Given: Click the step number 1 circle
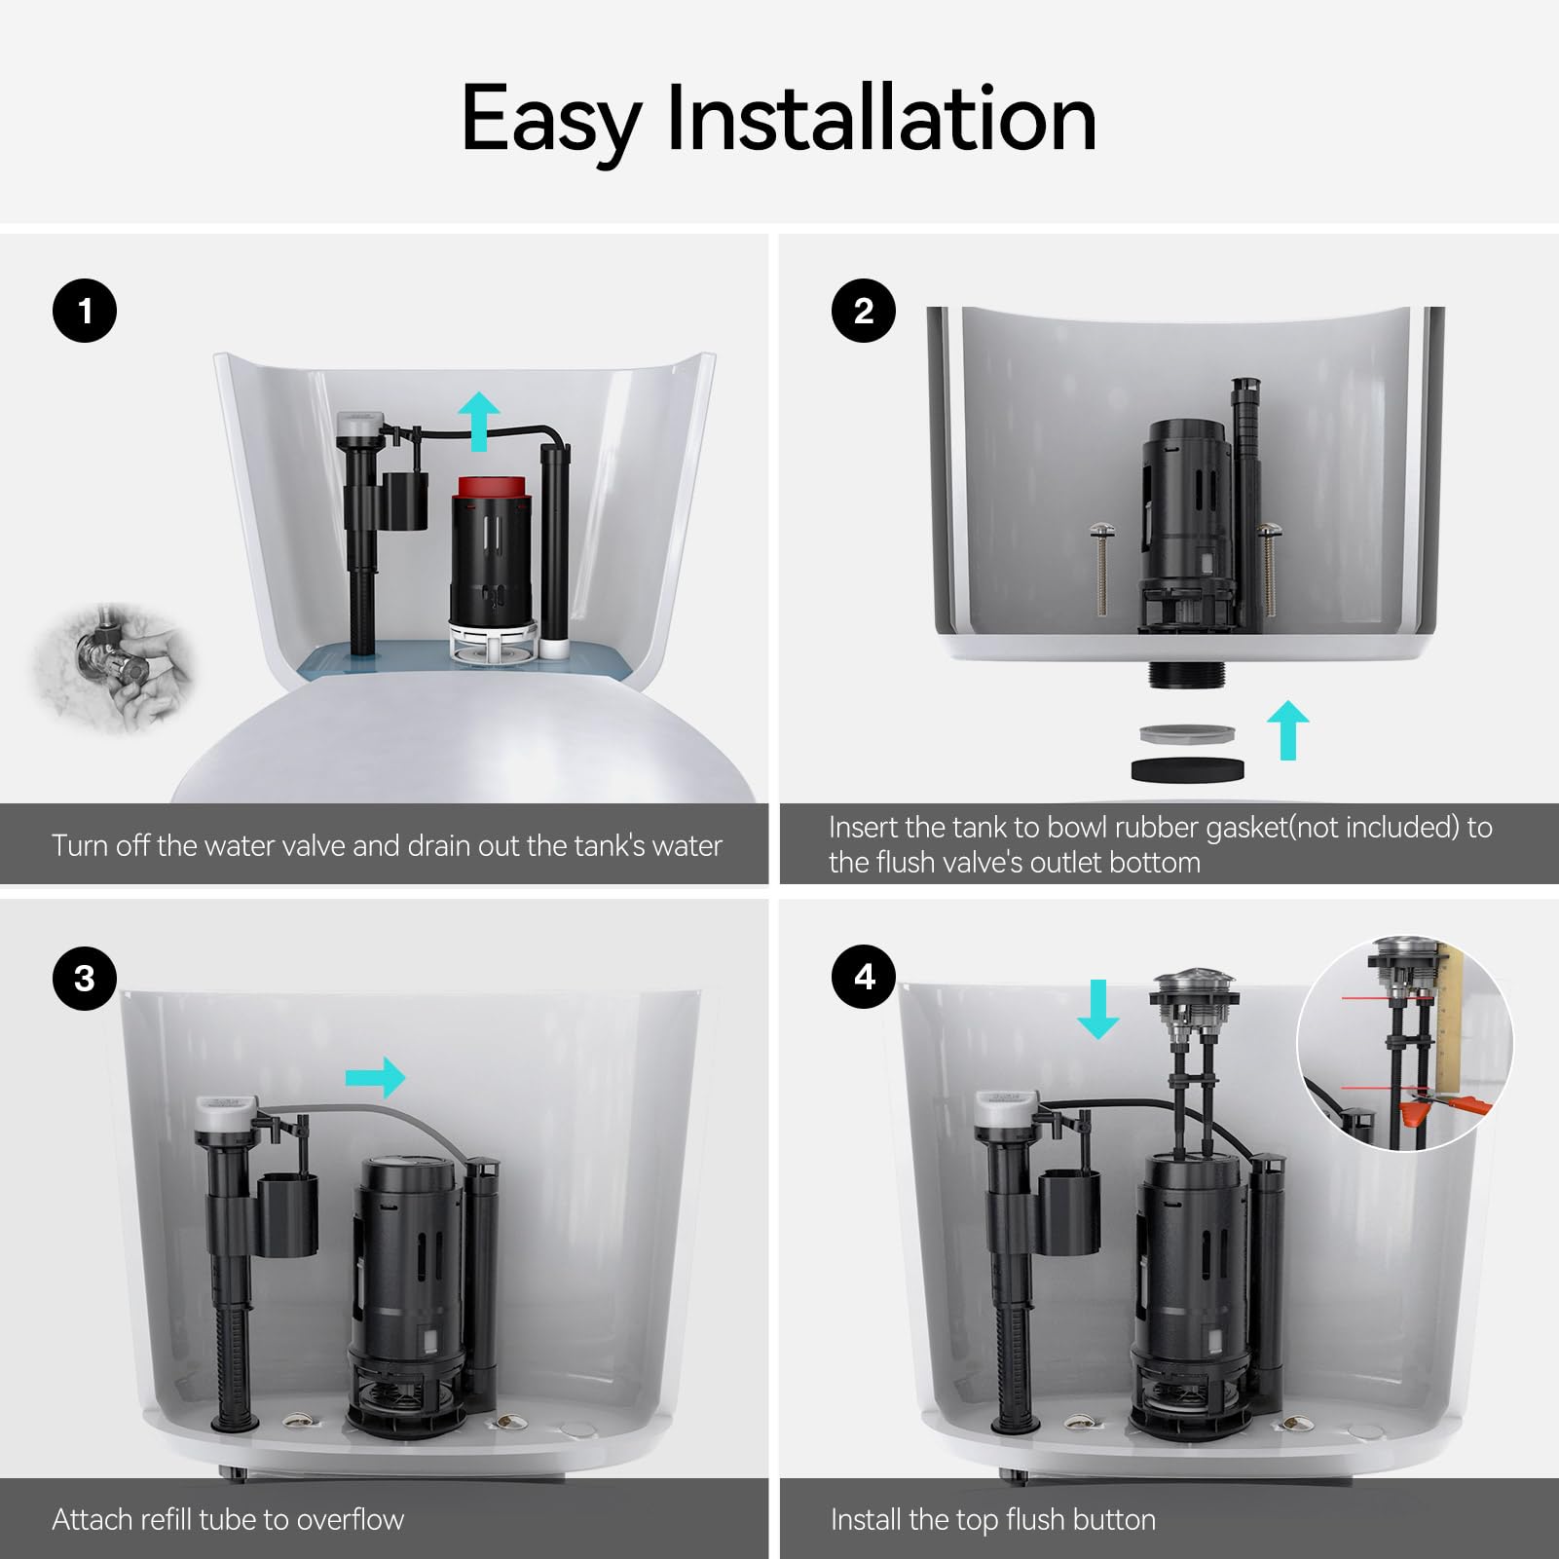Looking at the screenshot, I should (x=85, y=311).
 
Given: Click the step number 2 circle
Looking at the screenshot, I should (x=863, y=311).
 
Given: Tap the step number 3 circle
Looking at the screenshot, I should (x=85, y=978).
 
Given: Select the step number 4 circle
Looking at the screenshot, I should (x=863, y=977).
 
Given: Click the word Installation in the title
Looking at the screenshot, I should (x=880, y=119).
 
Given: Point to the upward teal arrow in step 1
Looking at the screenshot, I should (x=479, y=420).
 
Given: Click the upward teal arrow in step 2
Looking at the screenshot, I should (x=1287, y=729).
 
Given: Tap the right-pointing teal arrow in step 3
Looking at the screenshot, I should (x=376, y=1077).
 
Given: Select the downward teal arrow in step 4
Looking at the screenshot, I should (x=1098, y=1010).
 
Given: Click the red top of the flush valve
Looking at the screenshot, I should (x=492, y=488).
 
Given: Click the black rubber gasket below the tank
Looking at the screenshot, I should (x=1187, y=769).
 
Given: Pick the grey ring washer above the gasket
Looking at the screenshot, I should (x=1186, y=734).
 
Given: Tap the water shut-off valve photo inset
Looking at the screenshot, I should (x=115, y=666).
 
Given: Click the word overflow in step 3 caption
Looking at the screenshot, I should (x=350, y=1519).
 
